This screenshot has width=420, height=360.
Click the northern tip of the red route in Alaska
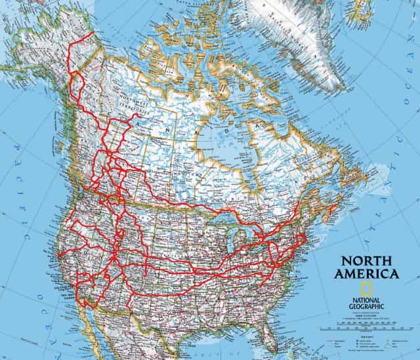(90, 33)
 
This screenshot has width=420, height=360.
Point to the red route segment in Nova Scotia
(332, 210)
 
